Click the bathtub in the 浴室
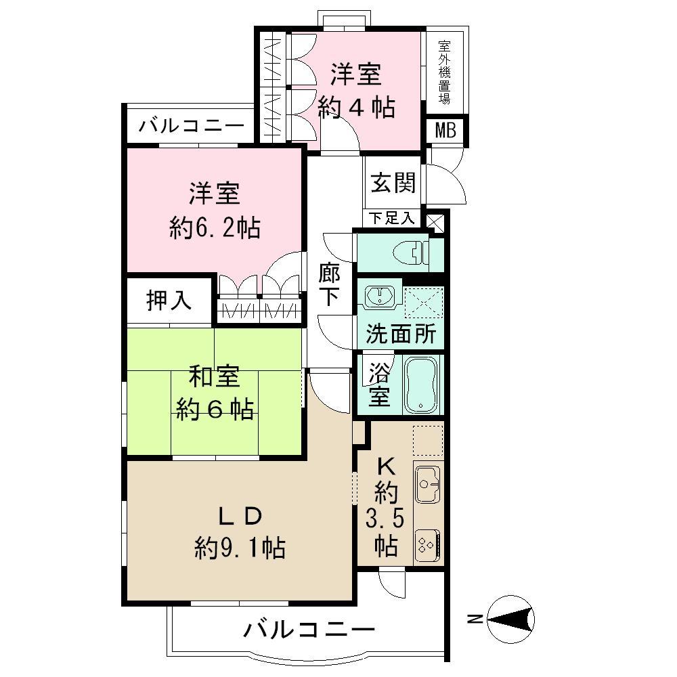(422, 384)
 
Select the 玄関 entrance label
(393, 182)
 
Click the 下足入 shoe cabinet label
(393, 218)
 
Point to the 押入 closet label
(170, 301)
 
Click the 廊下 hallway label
(330, 284)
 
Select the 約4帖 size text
(357, 108)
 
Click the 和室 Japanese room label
(214, 376)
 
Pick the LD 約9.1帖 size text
(239, 546)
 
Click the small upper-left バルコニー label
(192, 126)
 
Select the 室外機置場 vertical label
(445, 71)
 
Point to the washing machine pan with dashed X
(423, 301)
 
